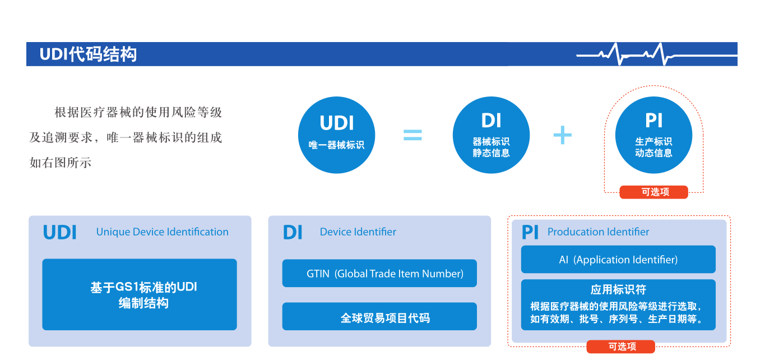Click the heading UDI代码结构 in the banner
pyautogui.click(x=88, y=54)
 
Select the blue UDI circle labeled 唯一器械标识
pyautogui.click(x=336, y=135)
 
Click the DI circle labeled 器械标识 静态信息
pyautogui.click(x=491, y=135)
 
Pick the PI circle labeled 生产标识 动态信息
pyautogui.click(x=653, y=135)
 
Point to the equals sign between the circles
pyautogui.click(x=412, y=135)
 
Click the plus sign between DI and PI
pyautogui.click(x=562, y=135)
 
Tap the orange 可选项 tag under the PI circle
pyautogui.click(x=653, y=192)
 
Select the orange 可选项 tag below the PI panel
pyautogui.click(x=620, y=347)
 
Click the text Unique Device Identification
pyautogui.click(x=162, y=232)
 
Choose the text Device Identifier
pyautogui.click(x=358, y=232)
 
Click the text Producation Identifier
pyautogui.click(x=598, y=232)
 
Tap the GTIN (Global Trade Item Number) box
pyautogui.click(x=379, y=274)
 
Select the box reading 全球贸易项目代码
pyautogui.click(x=379, y=317)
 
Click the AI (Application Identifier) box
pyautogui.click(x=618, y=260)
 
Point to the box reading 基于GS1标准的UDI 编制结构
pyautogui.click(x=140, y=294)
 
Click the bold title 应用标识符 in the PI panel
pyautogui.click(x=618, y=290)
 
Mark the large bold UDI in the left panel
pyautogui.click(x=59, y=233)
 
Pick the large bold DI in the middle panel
pyautogui.click(x=292, y=233)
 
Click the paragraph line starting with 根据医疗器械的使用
pyautogui.click(x=138, y=113)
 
